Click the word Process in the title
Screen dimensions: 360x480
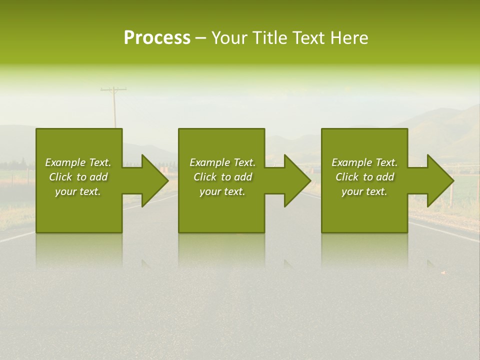(157, 38)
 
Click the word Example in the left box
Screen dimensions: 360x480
(65, 162)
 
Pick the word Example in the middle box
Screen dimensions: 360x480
(210, 162)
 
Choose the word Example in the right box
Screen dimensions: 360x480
(352, 162)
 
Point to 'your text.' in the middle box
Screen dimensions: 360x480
(222, 192)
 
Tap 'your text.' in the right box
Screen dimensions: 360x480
(364, 192)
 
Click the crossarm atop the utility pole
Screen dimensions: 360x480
(113, 90)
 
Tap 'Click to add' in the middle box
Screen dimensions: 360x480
(222, 177)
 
